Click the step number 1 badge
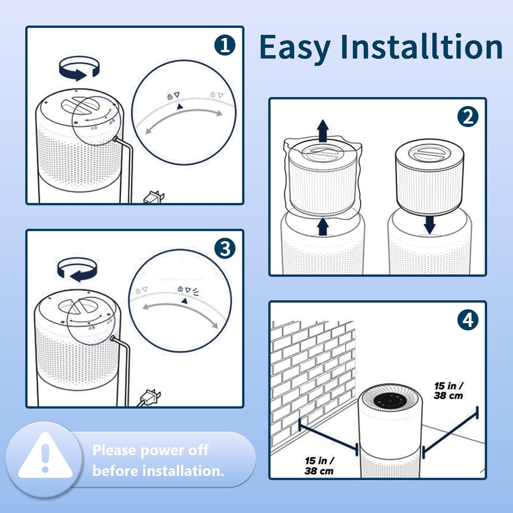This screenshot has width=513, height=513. [225, 45]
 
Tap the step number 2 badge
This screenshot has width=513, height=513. [468, 117]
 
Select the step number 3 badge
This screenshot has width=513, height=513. [225, 249]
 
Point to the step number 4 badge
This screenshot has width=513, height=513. [468, 320]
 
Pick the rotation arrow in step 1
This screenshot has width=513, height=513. [79, 68]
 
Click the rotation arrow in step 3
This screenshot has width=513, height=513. [77, 269]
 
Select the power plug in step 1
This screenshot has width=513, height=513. [154, 198]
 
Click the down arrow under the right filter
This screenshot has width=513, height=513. [429, 225]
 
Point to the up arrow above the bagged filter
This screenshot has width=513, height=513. [323, 131]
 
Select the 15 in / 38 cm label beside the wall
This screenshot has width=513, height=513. [319, 465]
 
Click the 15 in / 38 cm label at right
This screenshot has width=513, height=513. [448, 391]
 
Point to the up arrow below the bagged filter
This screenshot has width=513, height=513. [323, 227]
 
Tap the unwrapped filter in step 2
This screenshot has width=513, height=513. [429, 177]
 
